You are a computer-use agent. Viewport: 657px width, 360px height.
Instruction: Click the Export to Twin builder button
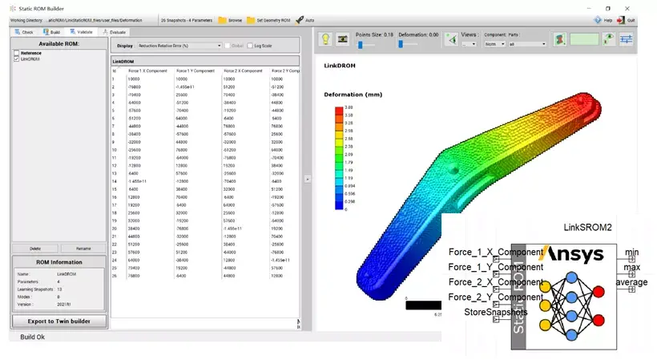coord(58,322)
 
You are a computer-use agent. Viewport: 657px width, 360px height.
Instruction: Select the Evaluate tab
coord(115,31)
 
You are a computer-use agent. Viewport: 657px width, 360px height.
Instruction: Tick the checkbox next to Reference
coord(17,53)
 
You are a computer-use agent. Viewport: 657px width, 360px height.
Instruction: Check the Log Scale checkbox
coord(250,46)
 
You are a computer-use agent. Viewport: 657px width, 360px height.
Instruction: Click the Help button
coord(603,19)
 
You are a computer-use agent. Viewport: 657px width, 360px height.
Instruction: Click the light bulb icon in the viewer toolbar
coord(326,39)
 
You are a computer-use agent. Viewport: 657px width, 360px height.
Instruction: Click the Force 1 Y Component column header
coord(192,71)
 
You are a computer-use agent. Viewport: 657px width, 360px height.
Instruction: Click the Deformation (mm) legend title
coord(352,95)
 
